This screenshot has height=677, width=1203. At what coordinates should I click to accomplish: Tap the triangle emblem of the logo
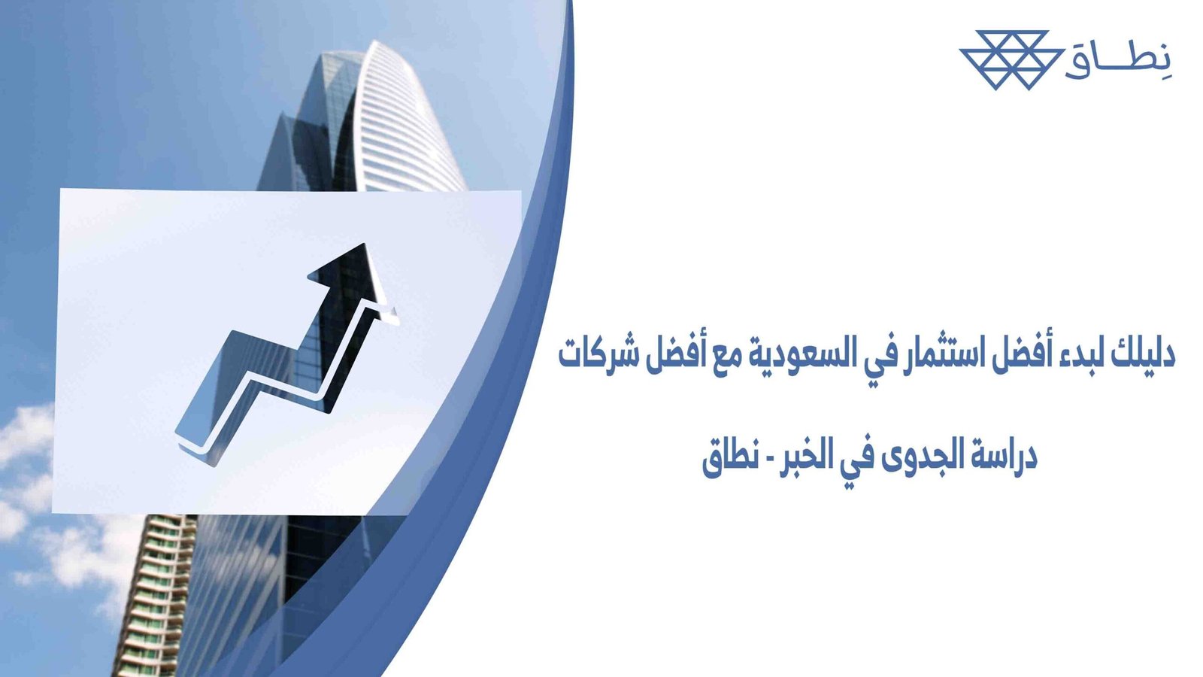point(1011,59)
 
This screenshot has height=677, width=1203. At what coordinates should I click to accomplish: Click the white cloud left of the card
point(26,436)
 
